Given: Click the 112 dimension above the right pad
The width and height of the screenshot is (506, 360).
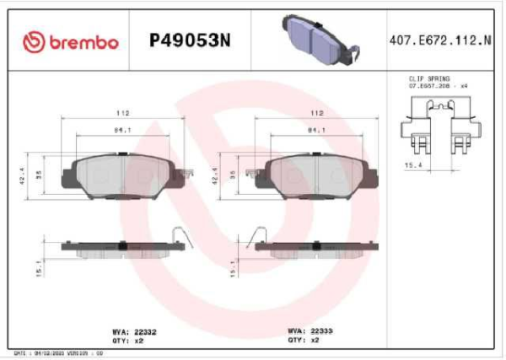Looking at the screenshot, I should tap(317, 112).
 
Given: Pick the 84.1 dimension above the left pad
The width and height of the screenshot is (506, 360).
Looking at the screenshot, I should tap(122, 130).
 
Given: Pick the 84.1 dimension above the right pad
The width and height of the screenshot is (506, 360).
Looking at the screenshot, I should tap(317, 130).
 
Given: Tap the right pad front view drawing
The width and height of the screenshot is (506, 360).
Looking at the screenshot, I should tap(317, 175).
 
